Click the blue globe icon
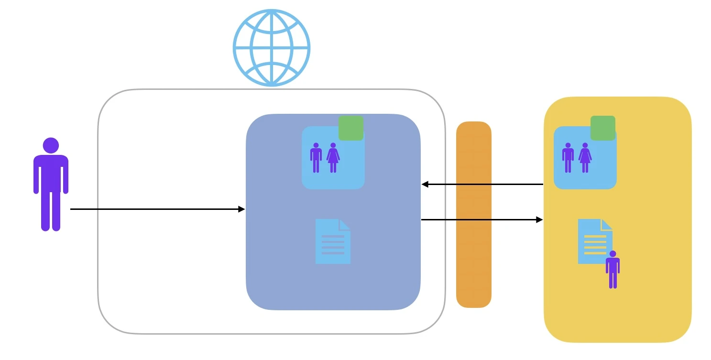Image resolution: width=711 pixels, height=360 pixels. [x=272, y=48]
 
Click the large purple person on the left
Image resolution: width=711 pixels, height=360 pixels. [x=51, y=186]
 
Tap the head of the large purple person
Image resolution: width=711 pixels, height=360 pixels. [x=51, y=145]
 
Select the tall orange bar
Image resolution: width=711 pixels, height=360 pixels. [x=473, y=215]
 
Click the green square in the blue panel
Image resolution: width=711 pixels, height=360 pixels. [x=351, y=128]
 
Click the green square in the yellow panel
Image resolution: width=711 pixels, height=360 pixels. [x=602, y=128]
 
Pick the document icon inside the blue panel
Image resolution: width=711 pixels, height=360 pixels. [x=333, y=241]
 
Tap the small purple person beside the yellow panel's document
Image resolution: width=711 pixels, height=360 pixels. [x=613, y=270]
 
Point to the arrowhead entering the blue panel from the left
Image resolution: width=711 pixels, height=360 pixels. [x=242, y=209]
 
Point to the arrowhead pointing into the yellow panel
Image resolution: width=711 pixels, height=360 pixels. [x=540, y=219]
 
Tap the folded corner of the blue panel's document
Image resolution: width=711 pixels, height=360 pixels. [x=345, y=224]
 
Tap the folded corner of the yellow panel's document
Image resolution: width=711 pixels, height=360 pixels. [x=607, y=224]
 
